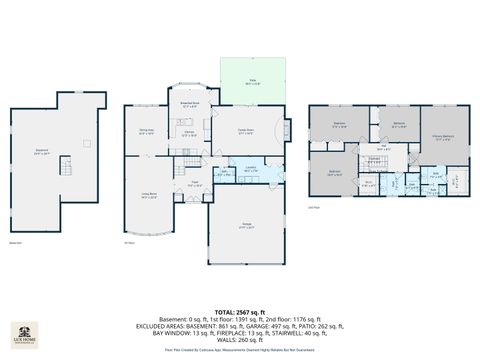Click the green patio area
pos(252,81)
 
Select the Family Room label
pos(245,132)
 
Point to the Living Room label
pos(150,197)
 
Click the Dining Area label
pos(145,132)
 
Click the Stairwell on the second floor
pos(373,161)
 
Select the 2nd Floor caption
pos(314,208)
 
